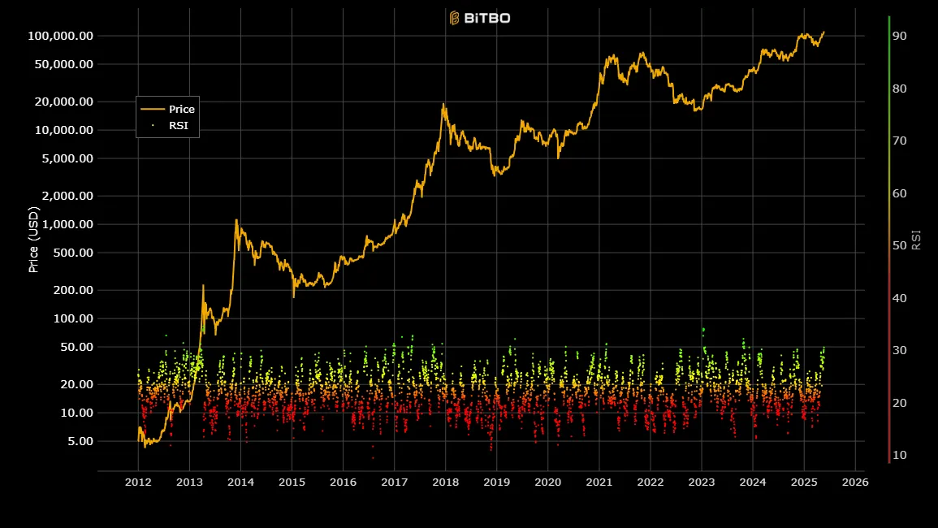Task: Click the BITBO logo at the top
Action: coord(480,18)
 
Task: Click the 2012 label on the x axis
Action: coord(138,482)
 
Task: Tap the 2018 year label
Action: coord(445,482)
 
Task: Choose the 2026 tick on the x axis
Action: coord(855,482)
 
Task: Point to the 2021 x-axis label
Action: coord(599,482)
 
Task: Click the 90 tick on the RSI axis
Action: coord(899,36)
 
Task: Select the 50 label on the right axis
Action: coord(899,245)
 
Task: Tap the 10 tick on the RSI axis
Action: coord(899,455)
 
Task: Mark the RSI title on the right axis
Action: coord(917,240)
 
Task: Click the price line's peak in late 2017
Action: coord(443,104)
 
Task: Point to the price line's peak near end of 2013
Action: coord(236,219)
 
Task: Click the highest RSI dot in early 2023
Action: coord(702,329)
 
